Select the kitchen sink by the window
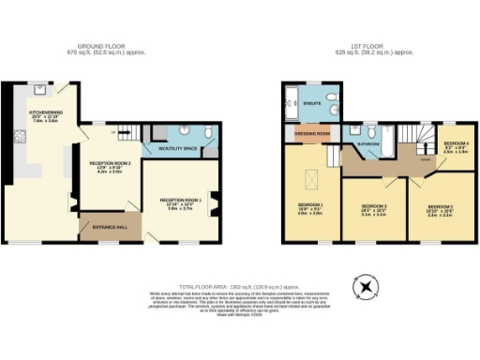tap(40, 91)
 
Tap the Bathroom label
tap(367, 144)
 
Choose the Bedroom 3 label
tap(373, 208)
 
